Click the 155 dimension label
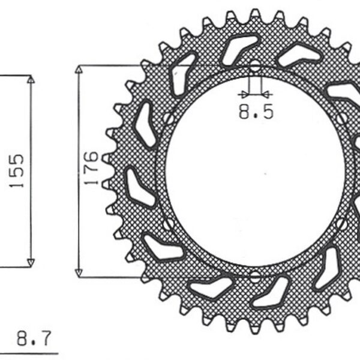point(17,171)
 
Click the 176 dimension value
point(91,169)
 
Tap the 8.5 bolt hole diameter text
point(256,112)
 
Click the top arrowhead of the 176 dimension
point(78,70)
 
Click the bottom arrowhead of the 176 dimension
point(78,271)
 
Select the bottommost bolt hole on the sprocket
point(255,277)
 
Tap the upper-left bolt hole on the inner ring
point(169,118)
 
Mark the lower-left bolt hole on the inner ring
point(169,224)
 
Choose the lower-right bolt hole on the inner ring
point(341,224)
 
